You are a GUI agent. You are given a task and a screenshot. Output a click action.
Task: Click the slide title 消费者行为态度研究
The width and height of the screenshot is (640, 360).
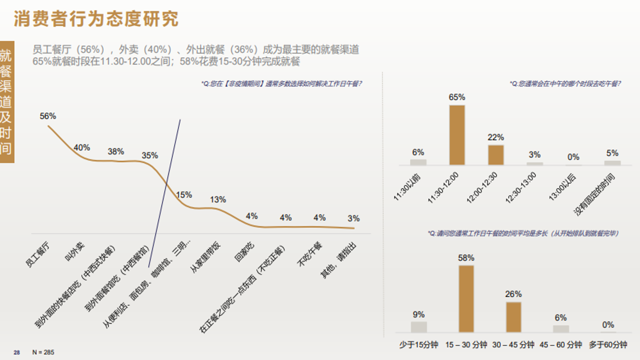tap(96, 19)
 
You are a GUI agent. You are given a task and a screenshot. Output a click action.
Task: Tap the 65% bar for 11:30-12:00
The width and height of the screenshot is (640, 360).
tap(457, 135)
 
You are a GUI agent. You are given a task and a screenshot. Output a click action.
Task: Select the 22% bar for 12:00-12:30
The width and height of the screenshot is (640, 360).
tap(496, 155)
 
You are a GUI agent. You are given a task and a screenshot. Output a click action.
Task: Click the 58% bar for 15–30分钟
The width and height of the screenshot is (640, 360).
tap(466, 298)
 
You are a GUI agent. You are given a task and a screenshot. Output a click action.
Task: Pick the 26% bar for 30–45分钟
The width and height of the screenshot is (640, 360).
tap(513, 317)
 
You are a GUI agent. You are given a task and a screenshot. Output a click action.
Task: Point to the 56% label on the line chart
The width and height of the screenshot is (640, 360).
tap(48, 116)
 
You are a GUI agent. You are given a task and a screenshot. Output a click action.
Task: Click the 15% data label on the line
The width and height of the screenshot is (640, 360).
tap(184, 194)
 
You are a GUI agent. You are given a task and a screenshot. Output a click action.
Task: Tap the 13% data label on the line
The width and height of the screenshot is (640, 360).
tap(218, 199)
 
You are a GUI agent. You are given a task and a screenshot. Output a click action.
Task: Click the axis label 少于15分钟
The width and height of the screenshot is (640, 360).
tap(418, 345)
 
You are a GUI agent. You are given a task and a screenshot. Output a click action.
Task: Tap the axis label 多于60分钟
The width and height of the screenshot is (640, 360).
tap(608, 345)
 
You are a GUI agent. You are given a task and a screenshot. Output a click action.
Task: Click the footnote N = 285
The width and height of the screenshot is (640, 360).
tap(43, 352)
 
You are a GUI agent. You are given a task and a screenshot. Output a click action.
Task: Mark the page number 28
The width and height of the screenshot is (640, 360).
tap(16, 352)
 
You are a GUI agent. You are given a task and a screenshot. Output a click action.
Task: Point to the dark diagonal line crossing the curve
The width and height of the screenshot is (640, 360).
tap(165, 190)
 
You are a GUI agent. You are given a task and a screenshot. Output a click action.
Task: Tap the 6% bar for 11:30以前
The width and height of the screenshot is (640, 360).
tap(418, 162)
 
